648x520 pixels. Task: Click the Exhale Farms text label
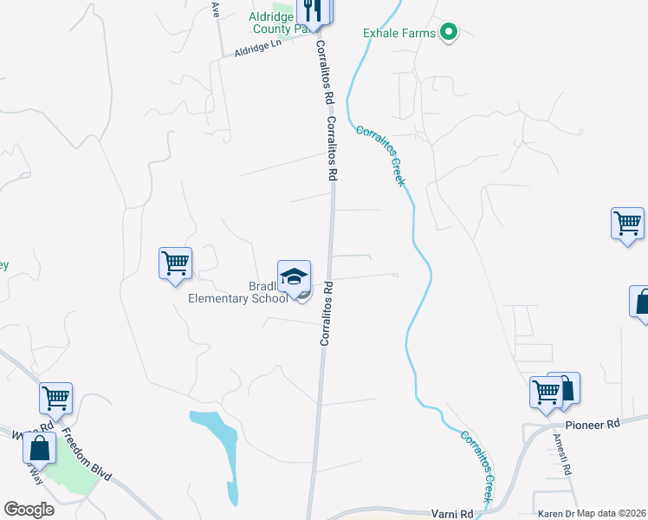pos(399,34)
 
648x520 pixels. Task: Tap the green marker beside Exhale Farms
pos(449,34)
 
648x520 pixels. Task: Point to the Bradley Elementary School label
pos(238,293)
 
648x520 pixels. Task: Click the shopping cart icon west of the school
pos(175,262)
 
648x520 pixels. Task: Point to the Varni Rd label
pos(451,513)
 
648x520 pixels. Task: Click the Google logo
pos(29,509)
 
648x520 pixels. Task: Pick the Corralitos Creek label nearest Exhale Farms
pos(380,155)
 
